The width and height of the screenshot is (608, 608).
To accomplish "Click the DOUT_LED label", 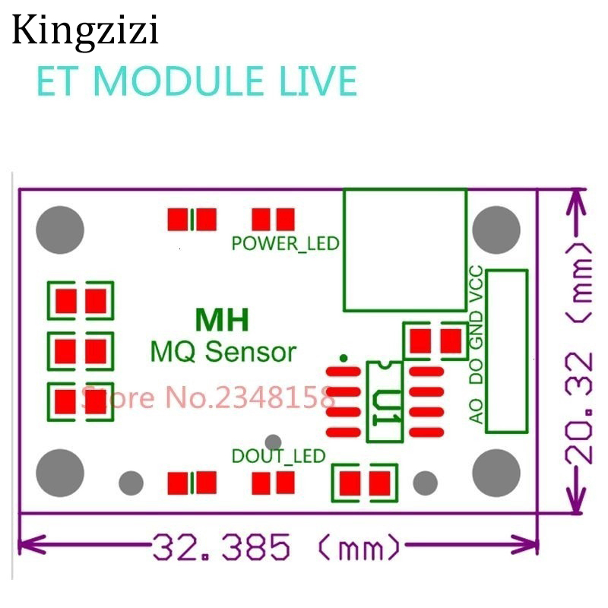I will (278, 456).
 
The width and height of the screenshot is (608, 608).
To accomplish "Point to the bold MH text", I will (222, 321).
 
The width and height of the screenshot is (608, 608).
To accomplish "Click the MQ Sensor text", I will (222, 352).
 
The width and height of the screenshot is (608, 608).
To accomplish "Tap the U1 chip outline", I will (384, 401).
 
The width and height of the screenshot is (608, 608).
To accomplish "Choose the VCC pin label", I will (477, 284).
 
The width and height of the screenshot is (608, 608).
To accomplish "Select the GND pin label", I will (477, 331).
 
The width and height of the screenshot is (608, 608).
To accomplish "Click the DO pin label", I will (477, 372).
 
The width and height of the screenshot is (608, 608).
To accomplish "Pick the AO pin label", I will (477, 411).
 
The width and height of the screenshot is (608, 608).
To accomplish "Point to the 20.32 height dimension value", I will (581, 407).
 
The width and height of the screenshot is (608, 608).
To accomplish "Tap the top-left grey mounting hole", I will (60, 229).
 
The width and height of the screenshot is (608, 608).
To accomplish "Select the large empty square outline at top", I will (404, 250).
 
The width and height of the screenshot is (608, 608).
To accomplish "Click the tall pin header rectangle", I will (507, 350).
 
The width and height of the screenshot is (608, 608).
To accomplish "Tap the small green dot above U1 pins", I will (344, 357).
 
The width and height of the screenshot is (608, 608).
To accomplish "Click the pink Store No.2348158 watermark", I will (207, 397).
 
